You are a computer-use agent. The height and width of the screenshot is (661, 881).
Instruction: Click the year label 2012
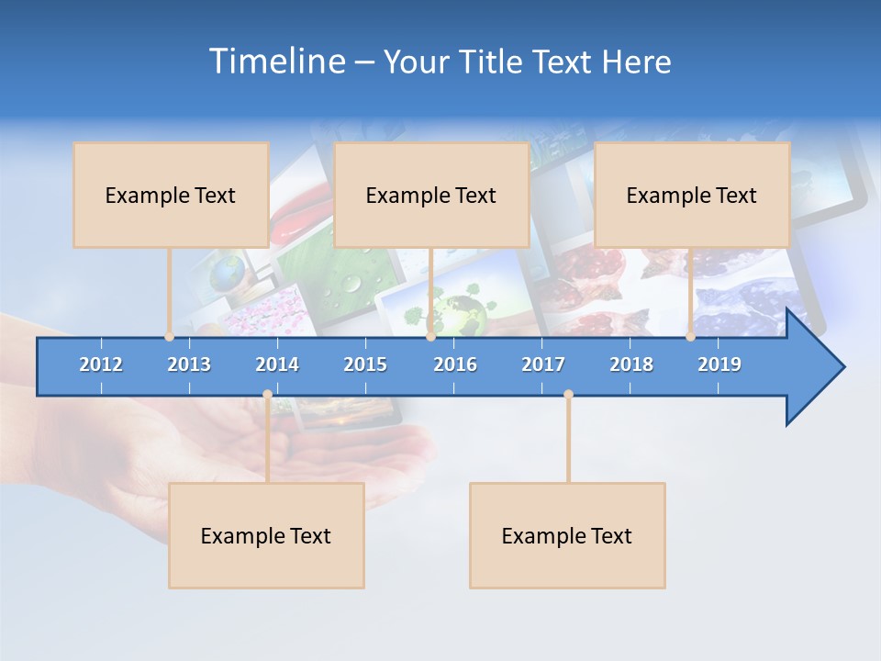pos(101,364)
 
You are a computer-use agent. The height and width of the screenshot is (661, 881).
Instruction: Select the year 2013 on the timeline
pos(189,364)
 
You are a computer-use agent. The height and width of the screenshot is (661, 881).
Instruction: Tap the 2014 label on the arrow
pos(277,364)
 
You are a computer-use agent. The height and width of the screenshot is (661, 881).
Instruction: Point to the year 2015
pos(365,364)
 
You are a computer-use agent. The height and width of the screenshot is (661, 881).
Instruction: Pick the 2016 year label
pos(455,364)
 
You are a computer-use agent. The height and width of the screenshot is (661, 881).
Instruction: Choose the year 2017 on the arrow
pos(543,364)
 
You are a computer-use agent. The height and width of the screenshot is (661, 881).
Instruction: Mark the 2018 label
pos(631,364)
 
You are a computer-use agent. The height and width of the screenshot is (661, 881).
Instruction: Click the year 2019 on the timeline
pos(719,364)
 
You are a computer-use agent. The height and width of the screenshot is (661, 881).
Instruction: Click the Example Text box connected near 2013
pos(171,195)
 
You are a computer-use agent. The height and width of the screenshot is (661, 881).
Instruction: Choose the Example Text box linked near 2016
pos(431,195)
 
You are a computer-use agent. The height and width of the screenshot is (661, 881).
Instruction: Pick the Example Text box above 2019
pos(692,195)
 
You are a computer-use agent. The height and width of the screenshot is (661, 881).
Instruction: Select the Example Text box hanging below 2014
pos(266,535)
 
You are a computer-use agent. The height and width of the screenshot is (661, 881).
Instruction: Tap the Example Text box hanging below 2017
pos(567,535)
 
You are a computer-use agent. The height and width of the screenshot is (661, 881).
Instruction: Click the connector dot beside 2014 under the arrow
pos(267,395)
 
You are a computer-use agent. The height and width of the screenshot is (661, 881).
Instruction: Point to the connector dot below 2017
pos(568,395)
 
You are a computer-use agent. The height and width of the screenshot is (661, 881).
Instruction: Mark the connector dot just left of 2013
pos(170,337)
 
